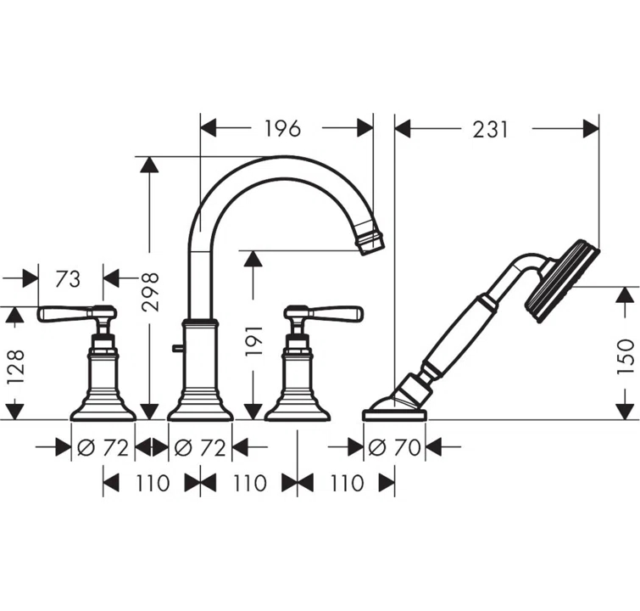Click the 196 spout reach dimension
pyautogui.click(x=282, y=128)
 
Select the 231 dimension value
pyautogui.click(x=490, y=129)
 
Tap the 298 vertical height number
pyautogui.click(x=150, y=291)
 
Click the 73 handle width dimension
pyautogui.click(x=69, y=277)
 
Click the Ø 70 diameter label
pyautogui.click(x=395, y=446)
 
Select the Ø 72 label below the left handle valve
pyautogui.click(x=103, y=446)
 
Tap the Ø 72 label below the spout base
pyautogui.click(x=200, y=446)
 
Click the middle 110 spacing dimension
pyautogui.click(x=248, y=484)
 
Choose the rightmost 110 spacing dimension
pyautogui.click(x=346, y=484)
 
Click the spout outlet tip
pyautogui.click(x=370, y=242)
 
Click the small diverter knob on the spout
pyautogui.click(x=175, y=348)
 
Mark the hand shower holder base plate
pyautogui.click(x=396, y=415)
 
